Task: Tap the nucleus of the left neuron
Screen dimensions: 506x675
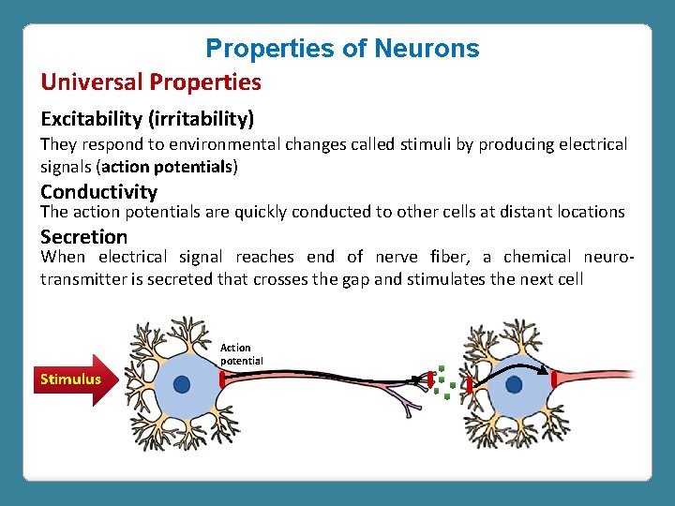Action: point(182,384)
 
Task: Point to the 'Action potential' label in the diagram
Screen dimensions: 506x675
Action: point(241,353)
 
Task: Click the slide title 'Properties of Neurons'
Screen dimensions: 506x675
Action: point(342,49)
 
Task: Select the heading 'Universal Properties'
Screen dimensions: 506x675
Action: point(151,82)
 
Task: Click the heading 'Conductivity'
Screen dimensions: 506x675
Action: point(98,191)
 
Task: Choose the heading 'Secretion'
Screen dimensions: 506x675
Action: point(83,236)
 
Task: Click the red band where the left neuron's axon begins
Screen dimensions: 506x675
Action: point(222,379)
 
